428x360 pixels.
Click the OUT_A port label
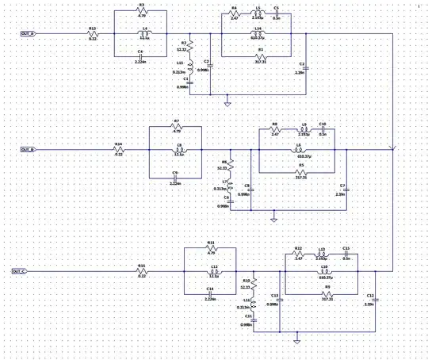(28, 34)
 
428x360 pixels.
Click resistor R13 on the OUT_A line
(92, 34)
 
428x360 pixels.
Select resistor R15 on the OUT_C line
(142, 271)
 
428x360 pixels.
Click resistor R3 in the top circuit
(142, 11)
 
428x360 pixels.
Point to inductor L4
(144, 34)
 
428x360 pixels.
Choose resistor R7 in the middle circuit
(177, 127)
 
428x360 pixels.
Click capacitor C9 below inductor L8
(175, 177)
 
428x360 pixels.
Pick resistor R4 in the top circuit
(235, 13)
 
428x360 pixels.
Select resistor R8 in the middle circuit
(275, 130)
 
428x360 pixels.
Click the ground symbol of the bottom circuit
(296, 341)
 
